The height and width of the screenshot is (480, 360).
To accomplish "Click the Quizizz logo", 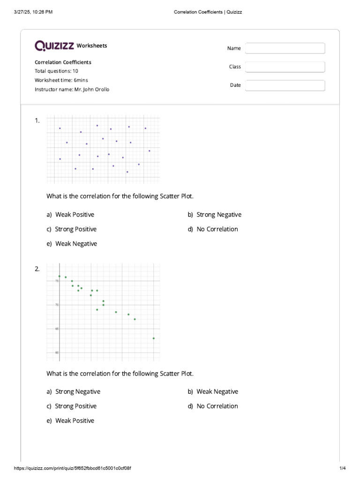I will point(54,45).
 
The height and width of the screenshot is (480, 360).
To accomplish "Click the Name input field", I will point(285,48).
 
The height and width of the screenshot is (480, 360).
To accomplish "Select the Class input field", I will point(285,67).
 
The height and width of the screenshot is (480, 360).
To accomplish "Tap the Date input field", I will point(285,85).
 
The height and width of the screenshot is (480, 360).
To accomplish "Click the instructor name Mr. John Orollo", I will point(91,89).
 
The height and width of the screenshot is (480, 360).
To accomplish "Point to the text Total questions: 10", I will point(56,71).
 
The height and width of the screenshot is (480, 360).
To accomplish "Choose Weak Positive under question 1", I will point(75,215).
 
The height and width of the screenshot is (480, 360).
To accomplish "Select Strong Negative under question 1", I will point(219,215).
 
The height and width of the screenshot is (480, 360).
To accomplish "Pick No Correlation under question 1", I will point(217,229).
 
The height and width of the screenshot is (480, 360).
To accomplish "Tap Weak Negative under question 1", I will point(76,244).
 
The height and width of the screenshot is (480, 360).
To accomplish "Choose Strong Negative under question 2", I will point(78,392).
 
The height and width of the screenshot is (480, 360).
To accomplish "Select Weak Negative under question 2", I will point(217,392).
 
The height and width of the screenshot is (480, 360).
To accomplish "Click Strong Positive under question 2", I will point(75,406).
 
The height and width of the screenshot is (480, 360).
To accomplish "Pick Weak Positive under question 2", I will point(75,421).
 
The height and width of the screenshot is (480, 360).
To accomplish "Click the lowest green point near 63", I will point(153,338).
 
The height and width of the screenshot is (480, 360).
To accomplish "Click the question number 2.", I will point(37,269).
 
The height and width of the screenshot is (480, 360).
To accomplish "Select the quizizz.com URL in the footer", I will point(73,468).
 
